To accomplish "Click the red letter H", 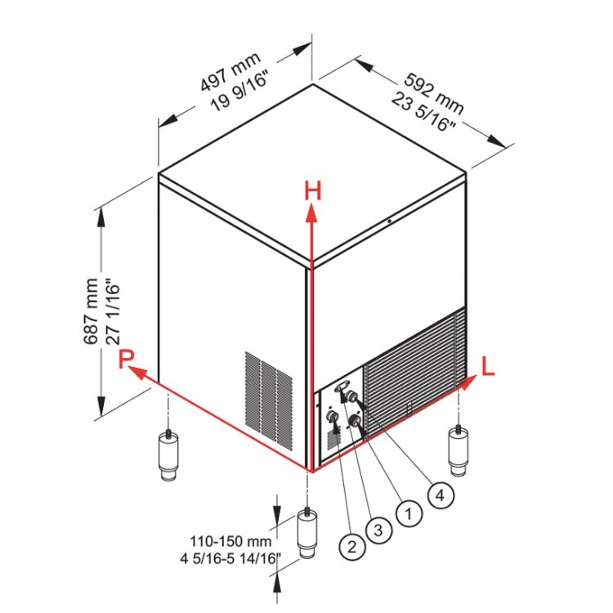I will (312, 192).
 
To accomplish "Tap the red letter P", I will (125, 359).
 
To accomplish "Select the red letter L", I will (488, 366).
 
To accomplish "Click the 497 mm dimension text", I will (230, 73).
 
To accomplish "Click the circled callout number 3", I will (378, 530).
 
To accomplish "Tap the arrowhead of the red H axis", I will (311, 213).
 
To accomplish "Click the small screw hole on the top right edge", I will (390, 221).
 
